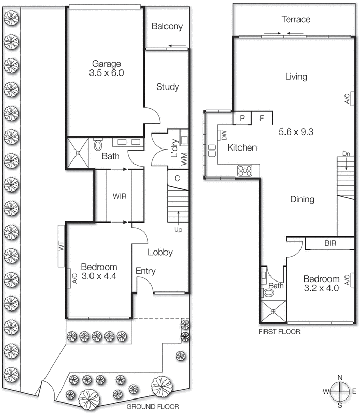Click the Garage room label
(107, 64)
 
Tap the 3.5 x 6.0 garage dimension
(107, 73)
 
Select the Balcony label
(167, 26)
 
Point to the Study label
(168, 87)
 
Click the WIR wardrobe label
(119, 196)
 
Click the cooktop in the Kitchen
(245, 169)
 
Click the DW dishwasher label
(223, 136)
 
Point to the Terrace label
(296, 19)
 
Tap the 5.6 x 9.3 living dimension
(296, 132)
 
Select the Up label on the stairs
(179, 229)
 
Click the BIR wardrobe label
(331, 242)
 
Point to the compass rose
(340, 392)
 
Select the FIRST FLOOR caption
(280, 331)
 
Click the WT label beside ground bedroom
(61, 246)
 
